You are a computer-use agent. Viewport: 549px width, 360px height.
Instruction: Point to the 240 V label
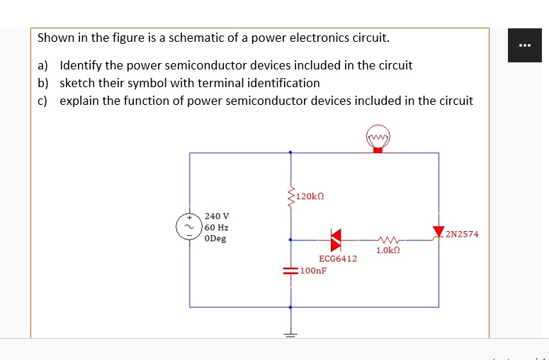click(x=217, y=215)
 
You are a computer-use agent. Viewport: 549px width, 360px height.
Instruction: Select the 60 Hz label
click(x=216, y=227)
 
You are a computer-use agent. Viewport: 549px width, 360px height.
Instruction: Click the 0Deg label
click(x=215, y=239)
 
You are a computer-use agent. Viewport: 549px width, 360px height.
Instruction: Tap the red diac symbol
click(x=336, y=240)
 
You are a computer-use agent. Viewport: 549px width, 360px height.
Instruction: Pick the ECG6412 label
click(x=338, y=259)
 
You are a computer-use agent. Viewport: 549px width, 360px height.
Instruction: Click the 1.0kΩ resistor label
click(x=388, y=251)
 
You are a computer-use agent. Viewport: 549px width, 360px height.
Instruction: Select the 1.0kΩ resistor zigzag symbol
click(x=388, y=240)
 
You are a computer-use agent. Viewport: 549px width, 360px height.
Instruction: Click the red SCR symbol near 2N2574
click(x=439, y=230)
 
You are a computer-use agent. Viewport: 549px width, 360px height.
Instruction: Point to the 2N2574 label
click(x=462, y=234)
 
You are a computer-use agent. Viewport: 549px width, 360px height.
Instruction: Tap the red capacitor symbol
click(x=290, y=271)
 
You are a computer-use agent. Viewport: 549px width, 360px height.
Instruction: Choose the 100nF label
click(x=313, y=271)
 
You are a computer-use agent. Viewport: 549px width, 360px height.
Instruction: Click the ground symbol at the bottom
click(x=290, y=333)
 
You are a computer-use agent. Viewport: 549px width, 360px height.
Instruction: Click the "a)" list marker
click(x=43, y=65)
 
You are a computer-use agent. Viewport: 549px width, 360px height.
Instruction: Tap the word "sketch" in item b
click(x=77, y=83)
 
